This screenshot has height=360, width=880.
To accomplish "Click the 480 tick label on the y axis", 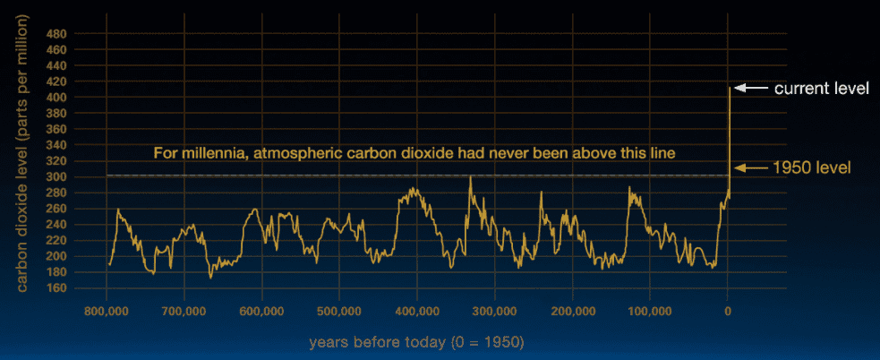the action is point(59,34).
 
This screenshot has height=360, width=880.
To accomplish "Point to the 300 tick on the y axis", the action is point(59,177).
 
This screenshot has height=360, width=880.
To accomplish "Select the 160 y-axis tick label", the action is point(59,288).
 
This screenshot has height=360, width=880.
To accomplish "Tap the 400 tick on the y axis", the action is point(59,98).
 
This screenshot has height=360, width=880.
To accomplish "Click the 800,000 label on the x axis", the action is point(106,311).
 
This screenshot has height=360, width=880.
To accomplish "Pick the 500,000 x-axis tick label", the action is point(339,311).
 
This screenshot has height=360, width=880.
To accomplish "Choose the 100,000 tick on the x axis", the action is point(649,311).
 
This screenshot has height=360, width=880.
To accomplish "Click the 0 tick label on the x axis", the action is point(727,311).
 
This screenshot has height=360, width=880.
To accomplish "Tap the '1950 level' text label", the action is point(813,167).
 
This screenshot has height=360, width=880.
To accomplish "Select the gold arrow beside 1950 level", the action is point(750,167).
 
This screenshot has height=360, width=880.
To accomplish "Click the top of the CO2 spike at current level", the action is point(730,87).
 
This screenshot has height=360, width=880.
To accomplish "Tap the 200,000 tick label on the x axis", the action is point(572,311).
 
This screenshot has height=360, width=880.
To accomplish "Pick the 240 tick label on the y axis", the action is point(59,225).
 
